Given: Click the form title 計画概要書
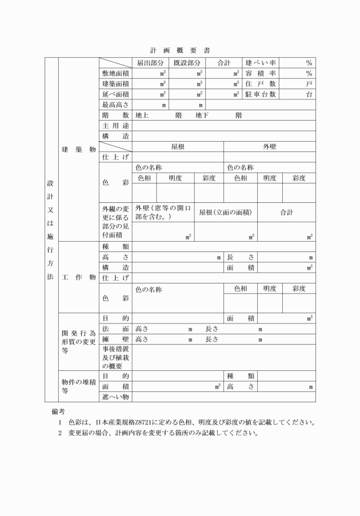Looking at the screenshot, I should (x=180, y=50).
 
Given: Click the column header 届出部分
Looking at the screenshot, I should (x=150, y=63).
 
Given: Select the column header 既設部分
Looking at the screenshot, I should (x=187, y=63).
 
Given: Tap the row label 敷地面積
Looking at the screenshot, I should (x=115, y=74).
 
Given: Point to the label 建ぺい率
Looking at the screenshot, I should (x=261, y=63).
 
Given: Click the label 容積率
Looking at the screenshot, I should (x=261, y=74).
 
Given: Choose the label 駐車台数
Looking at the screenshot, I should (x=261, y=94).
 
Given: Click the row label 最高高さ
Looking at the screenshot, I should (x=115, y=105).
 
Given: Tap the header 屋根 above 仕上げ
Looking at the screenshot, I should (x=178, y=147).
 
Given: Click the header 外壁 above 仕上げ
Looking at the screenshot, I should (x=269, y=147).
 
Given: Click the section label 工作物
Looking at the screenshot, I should (x=78, y=277).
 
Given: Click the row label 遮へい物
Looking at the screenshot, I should (x=115, y=397).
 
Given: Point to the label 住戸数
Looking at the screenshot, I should (x=261, y=84).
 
